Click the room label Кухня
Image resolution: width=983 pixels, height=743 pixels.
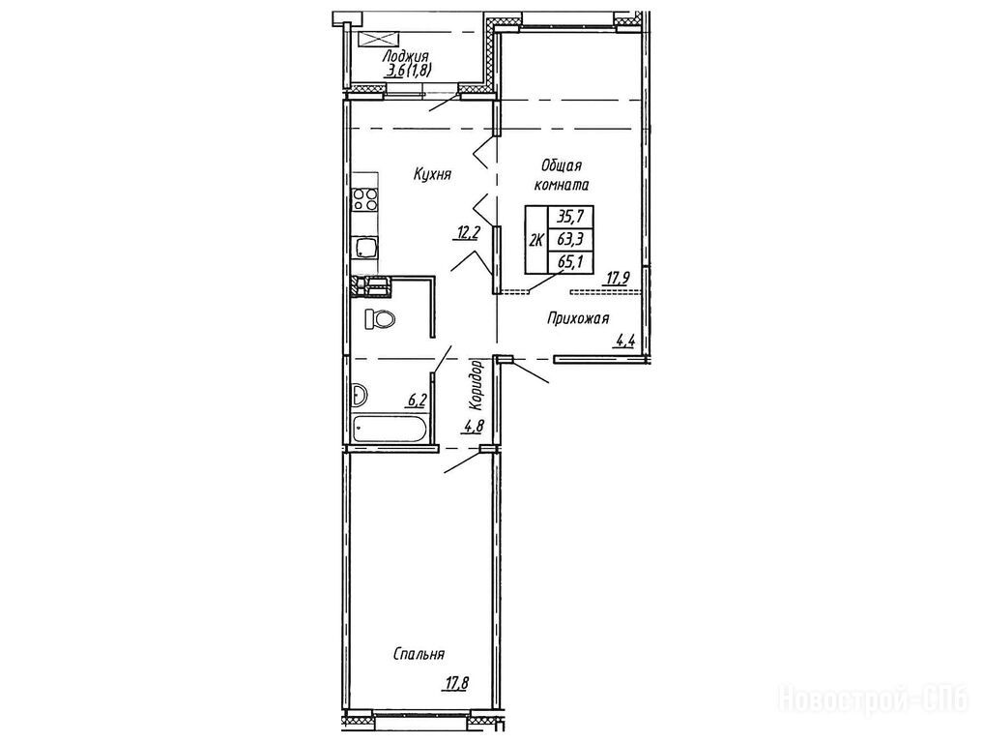433,174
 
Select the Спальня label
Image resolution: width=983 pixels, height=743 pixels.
419,654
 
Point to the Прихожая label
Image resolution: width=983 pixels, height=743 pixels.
578,319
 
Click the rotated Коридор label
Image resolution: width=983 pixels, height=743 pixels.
477,382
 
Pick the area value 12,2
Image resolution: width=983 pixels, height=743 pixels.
469,233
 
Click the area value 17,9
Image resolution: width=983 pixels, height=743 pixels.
618,278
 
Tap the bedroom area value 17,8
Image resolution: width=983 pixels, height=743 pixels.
458,682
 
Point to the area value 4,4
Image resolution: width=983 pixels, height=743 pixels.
626,342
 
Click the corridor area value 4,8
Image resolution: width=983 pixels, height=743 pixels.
474,428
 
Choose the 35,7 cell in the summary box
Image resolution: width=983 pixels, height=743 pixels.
570,217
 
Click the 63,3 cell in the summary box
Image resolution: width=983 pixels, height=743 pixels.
570,239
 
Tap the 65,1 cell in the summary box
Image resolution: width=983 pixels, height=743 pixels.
570,261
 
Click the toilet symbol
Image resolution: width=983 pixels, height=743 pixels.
381,319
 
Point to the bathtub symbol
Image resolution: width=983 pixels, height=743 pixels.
390,430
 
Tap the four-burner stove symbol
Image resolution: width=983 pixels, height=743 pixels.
365,199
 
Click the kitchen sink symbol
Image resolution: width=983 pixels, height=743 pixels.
365,248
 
